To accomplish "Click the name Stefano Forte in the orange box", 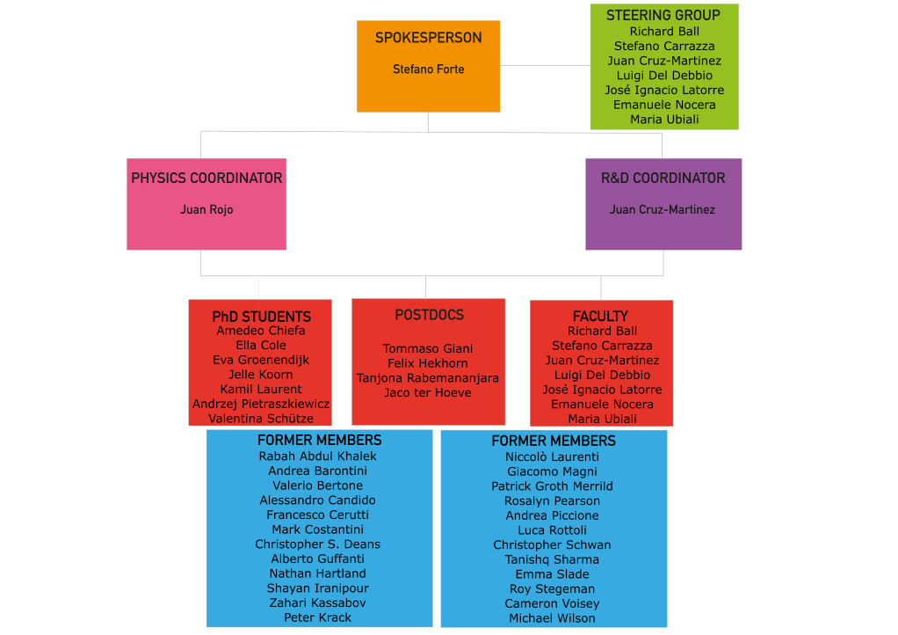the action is click(429, 69).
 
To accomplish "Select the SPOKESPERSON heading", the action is click(429, 38).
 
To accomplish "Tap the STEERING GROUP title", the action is click(663, 16).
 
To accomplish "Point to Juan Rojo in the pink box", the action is click(206, 209).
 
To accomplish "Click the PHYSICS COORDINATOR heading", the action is click(206, 179).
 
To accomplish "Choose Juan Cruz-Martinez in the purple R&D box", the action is click(663, 209).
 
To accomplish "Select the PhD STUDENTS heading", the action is click(261, 317).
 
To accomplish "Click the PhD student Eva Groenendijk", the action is click(261, 360).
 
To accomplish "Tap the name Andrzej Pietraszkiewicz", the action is click(261, 404).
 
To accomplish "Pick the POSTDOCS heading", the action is click(430, 315).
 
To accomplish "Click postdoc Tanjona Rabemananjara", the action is click(428, 378).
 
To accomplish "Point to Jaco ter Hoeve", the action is click(428, 393).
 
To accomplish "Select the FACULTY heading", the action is click(601, 317).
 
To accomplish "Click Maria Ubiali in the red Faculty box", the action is click(603, 419).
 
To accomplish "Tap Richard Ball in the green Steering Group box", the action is click(664, 32).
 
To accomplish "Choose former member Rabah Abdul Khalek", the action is click(318, 456).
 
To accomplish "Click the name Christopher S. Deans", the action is click(318, 544).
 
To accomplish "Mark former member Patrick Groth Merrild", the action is click(552, 486).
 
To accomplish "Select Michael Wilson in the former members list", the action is click(552, 618).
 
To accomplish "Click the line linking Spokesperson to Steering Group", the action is click(545, 65).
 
